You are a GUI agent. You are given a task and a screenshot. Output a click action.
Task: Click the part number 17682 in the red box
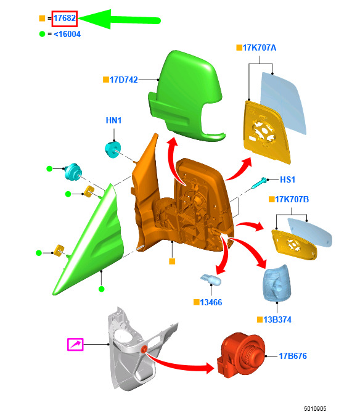point(65,18)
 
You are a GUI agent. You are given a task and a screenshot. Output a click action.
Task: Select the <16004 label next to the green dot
point(67,34)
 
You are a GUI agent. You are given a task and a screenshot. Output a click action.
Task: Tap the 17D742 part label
point(124,80)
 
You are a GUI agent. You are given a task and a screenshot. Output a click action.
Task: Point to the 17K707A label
point(260,47)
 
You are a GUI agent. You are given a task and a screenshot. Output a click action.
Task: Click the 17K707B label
point(292,199)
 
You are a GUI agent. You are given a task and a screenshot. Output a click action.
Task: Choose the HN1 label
point(113,120)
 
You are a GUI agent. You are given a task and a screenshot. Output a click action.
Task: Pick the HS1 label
point(287,179)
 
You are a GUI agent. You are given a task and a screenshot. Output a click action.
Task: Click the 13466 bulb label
point(211,302)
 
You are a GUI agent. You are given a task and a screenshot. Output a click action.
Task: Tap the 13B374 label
point(277,319)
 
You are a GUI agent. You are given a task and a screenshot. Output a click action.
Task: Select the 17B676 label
point(293,356)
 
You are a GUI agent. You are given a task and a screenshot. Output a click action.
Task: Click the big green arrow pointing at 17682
point(120,20)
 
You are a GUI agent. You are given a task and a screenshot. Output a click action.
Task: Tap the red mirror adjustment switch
point(240,355)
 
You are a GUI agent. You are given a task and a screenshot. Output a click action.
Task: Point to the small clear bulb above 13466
point(211,279)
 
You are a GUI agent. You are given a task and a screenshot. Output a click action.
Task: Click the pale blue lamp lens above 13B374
point(277,283)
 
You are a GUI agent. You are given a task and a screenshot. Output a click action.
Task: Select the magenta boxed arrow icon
point(75,345)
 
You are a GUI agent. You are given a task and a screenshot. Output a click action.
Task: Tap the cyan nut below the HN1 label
point(113,150)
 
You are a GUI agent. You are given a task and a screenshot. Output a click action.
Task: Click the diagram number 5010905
point(315,408)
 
